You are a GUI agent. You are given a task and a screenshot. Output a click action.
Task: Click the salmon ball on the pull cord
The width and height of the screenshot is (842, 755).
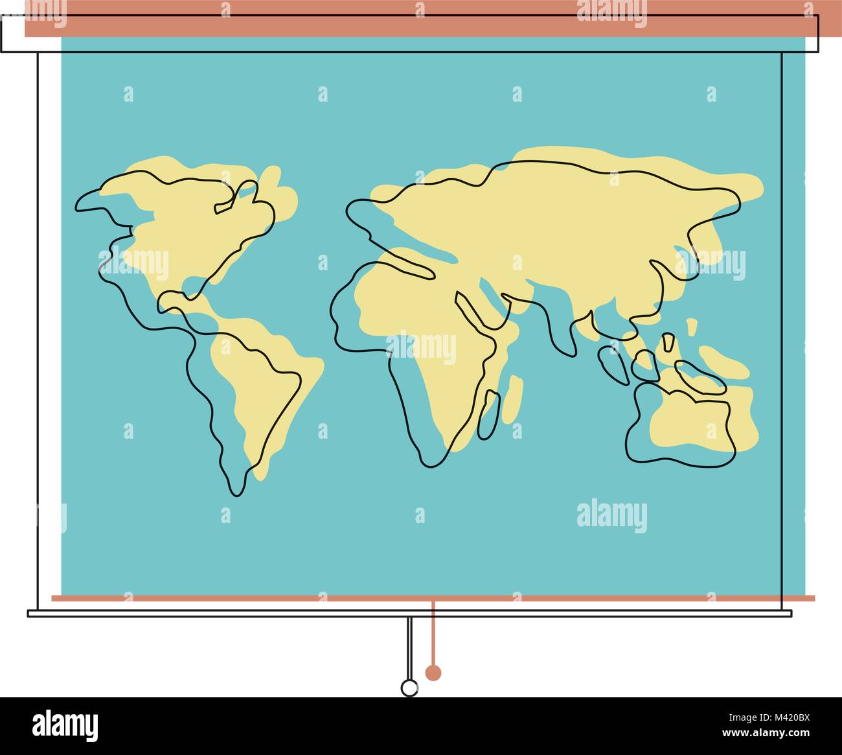coord(433,673)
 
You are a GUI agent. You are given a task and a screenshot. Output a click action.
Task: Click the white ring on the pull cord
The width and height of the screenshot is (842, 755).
coord(409,688)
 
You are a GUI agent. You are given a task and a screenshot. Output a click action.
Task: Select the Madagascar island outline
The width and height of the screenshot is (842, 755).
coord(487,412)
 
